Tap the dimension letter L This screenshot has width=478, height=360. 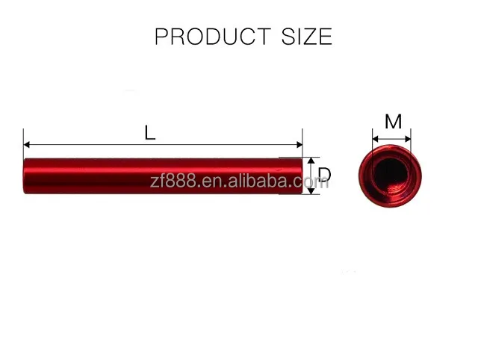150,134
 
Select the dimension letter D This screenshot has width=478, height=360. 324,176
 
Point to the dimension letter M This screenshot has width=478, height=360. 393,122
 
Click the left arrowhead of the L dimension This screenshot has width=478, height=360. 27,144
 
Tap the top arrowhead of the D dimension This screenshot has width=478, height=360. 312,161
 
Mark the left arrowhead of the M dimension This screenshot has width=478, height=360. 376,138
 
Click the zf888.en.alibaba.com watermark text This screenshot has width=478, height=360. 239,181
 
